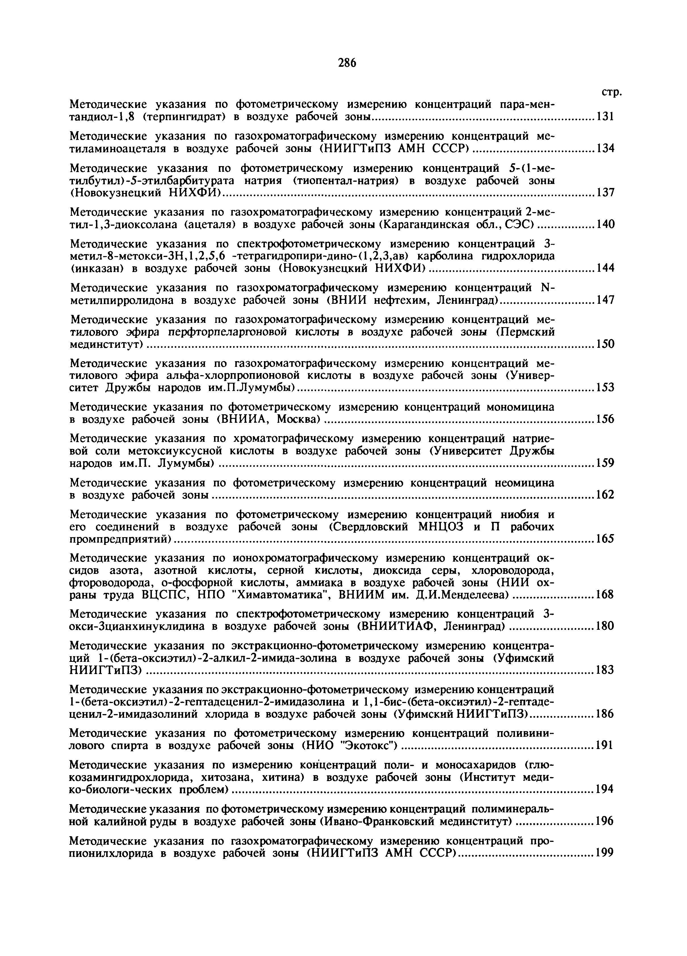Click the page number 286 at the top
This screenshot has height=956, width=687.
click(x=347, y=63)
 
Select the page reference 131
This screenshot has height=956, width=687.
click(x=604, y=117)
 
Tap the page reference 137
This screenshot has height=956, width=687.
click(x=604, y=193)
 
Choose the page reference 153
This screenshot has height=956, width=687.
click(x=604, y=387)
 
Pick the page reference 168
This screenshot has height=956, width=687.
click(x=604, y=595)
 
